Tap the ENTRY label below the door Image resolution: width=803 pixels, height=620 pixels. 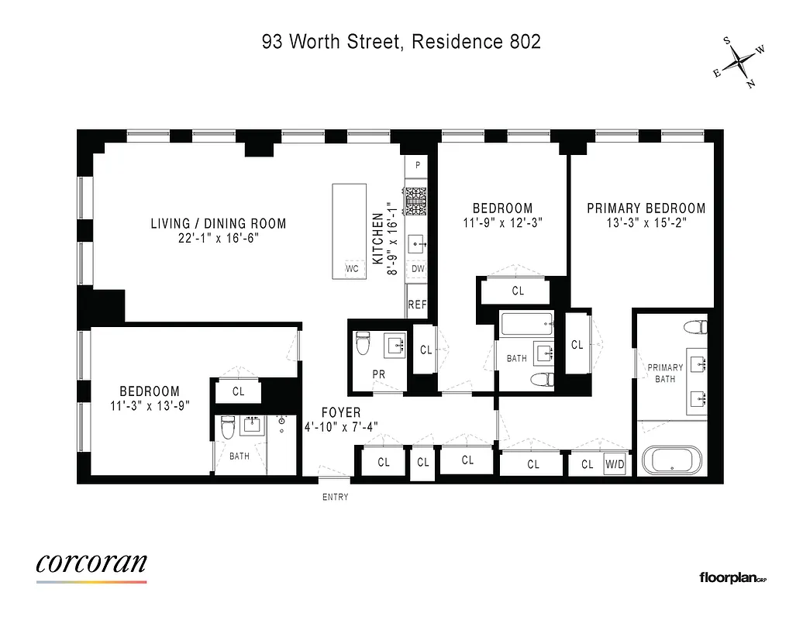tap(336, 497)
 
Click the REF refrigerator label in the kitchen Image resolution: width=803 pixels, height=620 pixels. tap(418, 305)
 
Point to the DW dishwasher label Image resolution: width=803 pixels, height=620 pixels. tap(418, 269)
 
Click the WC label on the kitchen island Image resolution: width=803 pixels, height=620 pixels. tap(352, 269)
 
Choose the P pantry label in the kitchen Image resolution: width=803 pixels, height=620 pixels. tap(418, 165)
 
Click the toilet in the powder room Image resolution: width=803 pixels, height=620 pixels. tap(363, 344)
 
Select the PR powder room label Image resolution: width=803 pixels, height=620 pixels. tap(379, 374)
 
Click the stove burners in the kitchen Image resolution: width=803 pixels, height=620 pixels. tap(418, 201)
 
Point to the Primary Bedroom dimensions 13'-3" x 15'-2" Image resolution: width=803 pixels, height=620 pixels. tap(646, 222)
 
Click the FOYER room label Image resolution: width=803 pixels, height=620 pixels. tap(342, 413)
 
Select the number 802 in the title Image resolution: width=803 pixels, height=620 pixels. tap(523, 42)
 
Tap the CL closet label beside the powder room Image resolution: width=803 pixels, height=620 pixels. tap(426, 350)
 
